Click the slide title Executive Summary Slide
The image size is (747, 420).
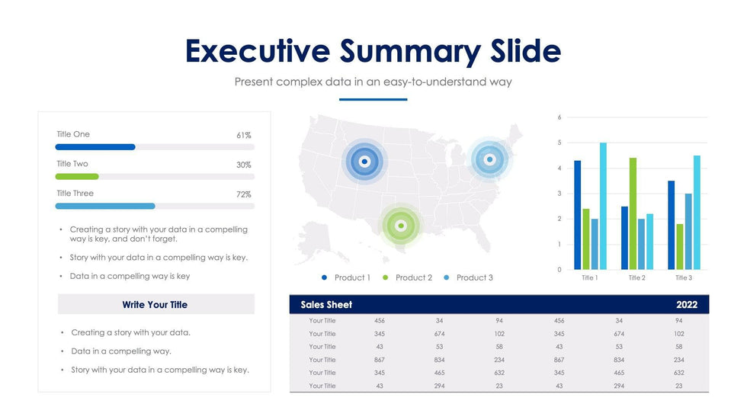[373, 51]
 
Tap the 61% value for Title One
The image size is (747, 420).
[244, 135]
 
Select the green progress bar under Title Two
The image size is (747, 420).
[77, 176]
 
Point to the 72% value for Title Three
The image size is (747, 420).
[244, 194]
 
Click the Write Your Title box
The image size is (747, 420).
[155, 304]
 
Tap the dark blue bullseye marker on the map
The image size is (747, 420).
[364, 161]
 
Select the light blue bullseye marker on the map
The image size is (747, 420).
[489, 159]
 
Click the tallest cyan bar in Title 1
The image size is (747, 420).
[603, 206]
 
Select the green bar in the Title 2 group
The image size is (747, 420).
[633, 213]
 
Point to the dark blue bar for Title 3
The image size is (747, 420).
[671, 225]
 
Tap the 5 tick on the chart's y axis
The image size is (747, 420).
[559, 143]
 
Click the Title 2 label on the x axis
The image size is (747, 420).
[636, 278]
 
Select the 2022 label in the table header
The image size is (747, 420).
[686, 305]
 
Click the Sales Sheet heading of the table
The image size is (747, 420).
[326, 305]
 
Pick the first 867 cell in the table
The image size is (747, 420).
[380, 360]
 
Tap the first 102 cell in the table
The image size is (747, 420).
[499, 334]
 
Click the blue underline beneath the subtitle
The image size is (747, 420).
[373, 99]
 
